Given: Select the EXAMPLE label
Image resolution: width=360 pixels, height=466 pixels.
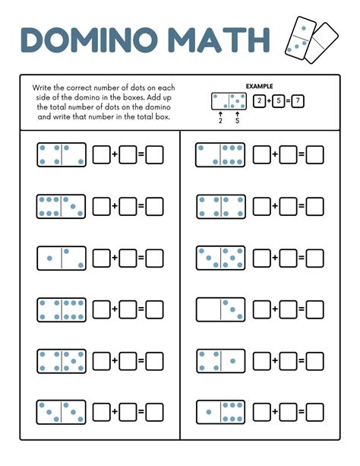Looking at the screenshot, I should pos(260,87).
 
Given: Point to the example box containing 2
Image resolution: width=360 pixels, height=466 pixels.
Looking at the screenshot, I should pos(259,101).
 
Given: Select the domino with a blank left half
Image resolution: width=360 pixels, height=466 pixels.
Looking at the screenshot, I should pos(220,309).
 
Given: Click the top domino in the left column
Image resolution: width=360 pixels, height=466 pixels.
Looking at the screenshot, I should pos(61,155).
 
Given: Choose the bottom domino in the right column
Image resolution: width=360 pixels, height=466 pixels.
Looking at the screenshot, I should pos(220,412).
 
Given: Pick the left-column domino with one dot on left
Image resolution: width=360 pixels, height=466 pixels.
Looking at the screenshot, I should pos(61,258).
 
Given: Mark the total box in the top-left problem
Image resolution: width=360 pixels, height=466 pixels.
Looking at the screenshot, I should pos(155,155).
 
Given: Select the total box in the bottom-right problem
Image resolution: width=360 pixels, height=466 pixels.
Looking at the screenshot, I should pos(314,413).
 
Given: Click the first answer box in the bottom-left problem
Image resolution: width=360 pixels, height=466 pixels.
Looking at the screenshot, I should pos(102,413).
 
